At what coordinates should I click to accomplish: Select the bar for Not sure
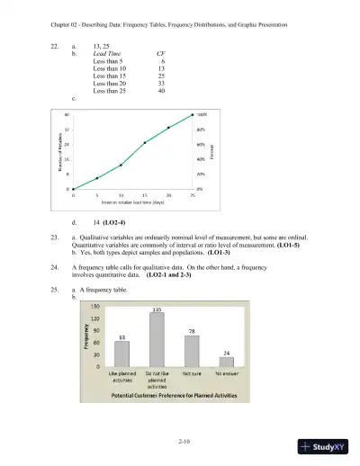pos(192,351)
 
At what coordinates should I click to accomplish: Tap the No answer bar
pos(227,362)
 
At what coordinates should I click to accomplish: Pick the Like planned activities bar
pos(121,354)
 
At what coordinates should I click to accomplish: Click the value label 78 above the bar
pos(192,332)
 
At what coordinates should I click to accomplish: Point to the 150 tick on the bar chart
pos(94,307)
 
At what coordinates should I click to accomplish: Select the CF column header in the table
pos(159,54)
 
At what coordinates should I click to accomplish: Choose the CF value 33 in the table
pos(160,83)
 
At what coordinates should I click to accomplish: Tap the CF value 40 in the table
pos(160,90)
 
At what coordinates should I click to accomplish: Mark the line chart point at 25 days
pos(193,115)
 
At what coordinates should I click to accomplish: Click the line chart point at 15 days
pos(145,142)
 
